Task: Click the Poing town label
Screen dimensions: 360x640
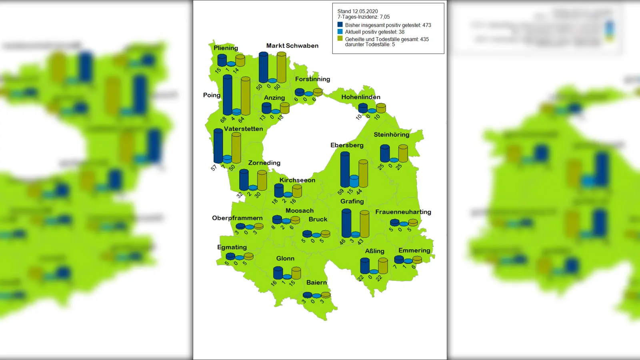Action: pos(212,95)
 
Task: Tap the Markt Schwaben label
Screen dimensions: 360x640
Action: pos(292,46)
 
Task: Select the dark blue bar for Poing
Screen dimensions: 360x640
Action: pos(227,95)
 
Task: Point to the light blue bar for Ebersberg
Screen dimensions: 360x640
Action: pos(354,181)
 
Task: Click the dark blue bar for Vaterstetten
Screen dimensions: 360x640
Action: pos(218,146)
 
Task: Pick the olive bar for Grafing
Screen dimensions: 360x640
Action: pos(364,224)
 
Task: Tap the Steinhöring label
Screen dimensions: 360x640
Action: pos(391,135)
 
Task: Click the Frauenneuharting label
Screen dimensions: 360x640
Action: pos(403,212)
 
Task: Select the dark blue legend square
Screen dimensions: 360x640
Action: pos(340,25)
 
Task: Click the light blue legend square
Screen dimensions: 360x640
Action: pos(340,32)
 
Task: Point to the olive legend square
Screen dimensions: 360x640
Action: pos(340,39)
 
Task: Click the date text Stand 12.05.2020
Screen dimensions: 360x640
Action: pos(357,11)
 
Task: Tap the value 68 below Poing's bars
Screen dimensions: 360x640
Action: pos(223,119)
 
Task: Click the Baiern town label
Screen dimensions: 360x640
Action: pos(316,282)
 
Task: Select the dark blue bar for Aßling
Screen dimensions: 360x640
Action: pos(364,266)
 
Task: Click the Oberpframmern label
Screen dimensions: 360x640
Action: pos(237,218)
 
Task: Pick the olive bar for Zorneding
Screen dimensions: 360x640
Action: pos(262,180)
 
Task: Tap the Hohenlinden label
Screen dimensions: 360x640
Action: pos(360,97)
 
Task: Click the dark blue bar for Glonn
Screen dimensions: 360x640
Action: pos(278,273)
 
